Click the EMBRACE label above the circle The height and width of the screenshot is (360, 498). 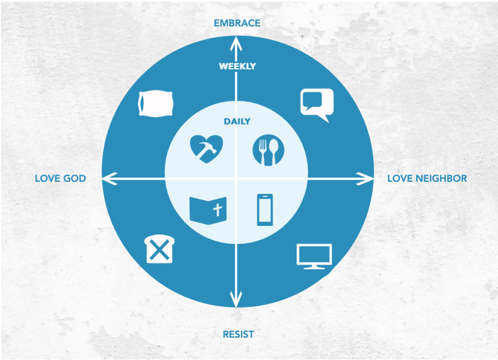click(x=237, y=23)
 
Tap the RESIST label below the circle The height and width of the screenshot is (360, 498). click(x=238, y=334)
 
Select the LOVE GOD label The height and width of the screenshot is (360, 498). click(x=60, y=178)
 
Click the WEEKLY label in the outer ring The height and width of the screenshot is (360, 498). click(x=237, y=66)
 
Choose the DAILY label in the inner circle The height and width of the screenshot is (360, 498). click(x=237, y=121)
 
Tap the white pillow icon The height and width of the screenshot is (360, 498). click(x=156, y=104)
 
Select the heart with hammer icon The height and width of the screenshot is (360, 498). click(x=206, y=149)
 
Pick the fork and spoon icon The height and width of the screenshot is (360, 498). click(x=268, y=150)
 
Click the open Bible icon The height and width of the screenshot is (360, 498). click(x=208, y=210)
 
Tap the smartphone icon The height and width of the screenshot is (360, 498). click(x=265, y=210)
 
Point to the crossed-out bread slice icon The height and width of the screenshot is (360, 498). click(x=160, y=249)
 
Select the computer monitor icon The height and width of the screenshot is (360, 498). click(x=314, y=256)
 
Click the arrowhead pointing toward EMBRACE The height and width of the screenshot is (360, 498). click(x=236, y=44)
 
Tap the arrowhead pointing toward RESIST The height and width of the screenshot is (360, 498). click(x=236, y=300)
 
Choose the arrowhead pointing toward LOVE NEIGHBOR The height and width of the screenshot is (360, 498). click(x=365, y=178)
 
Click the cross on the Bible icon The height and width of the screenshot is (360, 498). click(x=218, y=210)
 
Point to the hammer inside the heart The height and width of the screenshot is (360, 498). click(x=207, y=150)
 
